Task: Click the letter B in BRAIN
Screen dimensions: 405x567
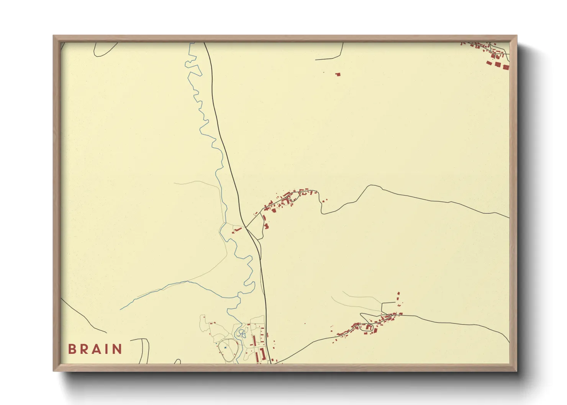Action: pos(72,349)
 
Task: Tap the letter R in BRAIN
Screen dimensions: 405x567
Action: pos(84,349)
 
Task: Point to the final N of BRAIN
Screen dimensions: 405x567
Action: pos(117,349)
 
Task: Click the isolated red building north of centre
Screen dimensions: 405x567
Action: pos(338,74)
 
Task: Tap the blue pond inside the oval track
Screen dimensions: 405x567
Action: pos(225,347)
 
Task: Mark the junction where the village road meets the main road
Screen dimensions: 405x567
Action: pos(246,228)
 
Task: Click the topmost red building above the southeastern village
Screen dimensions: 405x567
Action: pos(398,293)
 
